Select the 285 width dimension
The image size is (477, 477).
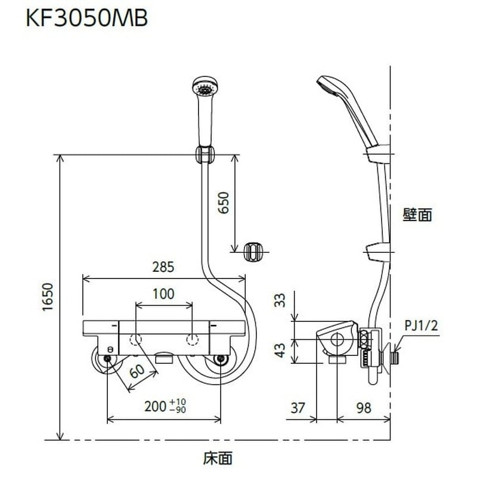tap(163, 267)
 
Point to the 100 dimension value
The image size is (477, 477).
tap(163, 293)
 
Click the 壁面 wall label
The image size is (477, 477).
tap(417, 215)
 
